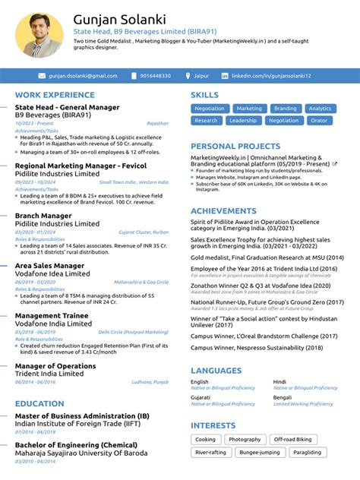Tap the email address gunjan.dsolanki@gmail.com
pos(83,76)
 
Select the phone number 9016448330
pos(156,76)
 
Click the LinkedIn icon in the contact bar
pos(225,76)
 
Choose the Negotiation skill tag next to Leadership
pos(283,121)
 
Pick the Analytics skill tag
pos(320,109)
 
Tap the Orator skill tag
pos(319,121)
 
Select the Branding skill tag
pos(285,109)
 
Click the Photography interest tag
pos(245,440)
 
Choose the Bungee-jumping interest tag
pos(260,452)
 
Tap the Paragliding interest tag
pos(307,452)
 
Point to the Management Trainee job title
pos(52,315)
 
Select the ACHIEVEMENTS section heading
pos(223,211)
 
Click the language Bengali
pos(283,397)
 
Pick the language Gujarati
pos(201,397)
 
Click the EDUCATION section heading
pos(39,404)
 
